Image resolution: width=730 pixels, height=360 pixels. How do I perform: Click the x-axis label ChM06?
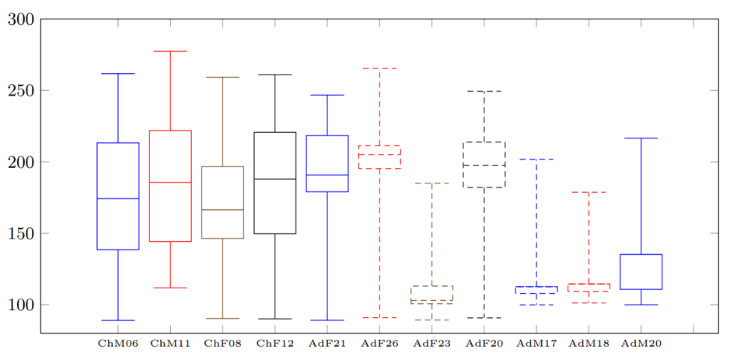point(117,343)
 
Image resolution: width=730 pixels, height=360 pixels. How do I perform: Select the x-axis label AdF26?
point(379,343)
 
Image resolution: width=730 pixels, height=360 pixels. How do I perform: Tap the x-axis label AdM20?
point(641,343)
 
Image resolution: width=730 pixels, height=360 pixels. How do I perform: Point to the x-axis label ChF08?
point(222,343)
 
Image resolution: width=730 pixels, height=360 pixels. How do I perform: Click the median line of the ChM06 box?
point(117,199)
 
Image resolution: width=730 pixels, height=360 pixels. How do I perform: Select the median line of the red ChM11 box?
point(170,183)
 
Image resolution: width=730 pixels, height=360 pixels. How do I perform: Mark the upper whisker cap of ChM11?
point(170,51)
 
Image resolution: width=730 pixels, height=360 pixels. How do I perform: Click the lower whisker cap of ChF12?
point(274,319)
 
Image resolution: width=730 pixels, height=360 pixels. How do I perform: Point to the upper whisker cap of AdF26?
point(379,68)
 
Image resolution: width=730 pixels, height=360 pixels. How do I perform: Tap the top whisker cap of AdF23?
point(431,183)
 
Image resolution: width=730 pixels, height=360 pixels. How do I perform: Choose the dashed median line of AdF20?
point(484,165)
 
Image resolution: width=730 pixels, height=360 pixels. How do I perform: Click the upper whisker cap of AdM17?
point(536,159)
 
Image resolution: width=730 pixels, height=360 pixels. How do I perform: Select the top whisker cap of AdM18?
point(589,192)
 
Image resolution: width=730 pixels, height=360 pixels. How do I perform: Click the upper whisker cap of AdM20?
point(641,138)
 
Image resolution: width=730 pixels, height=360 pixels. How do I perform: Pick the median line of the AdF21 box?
point(327,175)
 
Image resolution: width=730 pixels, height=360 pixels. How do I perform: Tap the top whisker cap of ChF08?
point(222,77)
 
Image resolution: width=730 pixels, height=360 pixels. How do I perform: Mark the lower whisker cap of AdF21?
point(327,320)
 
